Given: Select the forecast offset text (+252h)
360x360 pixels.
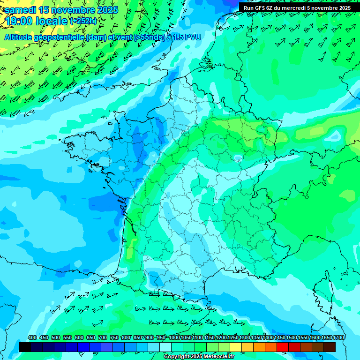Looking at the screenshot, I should [x=83, y=21].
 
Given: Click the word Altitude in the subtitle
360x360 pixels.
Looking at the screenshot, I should [x=20, y=37].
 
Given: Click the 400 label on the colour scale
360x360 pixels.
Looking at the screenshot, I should [x=32, y=337].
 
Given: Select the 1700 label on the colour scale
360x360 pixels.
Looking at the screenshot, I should [x=326, y=337].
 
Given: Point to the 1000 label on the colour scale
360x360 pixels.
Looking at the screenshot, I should [x=174, y=337].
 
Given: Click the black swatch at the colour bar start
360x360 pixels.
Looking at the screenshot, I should [x=25, y=347].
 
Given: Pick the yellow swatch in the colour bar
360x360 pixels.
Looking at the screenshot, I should [x=236, y=347].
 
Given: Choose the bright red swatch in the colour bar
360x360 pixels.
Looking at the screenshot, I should [x=283, y=347].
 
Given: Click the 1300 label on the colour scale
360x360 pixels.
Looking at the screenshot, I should [x=244, y=337].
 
